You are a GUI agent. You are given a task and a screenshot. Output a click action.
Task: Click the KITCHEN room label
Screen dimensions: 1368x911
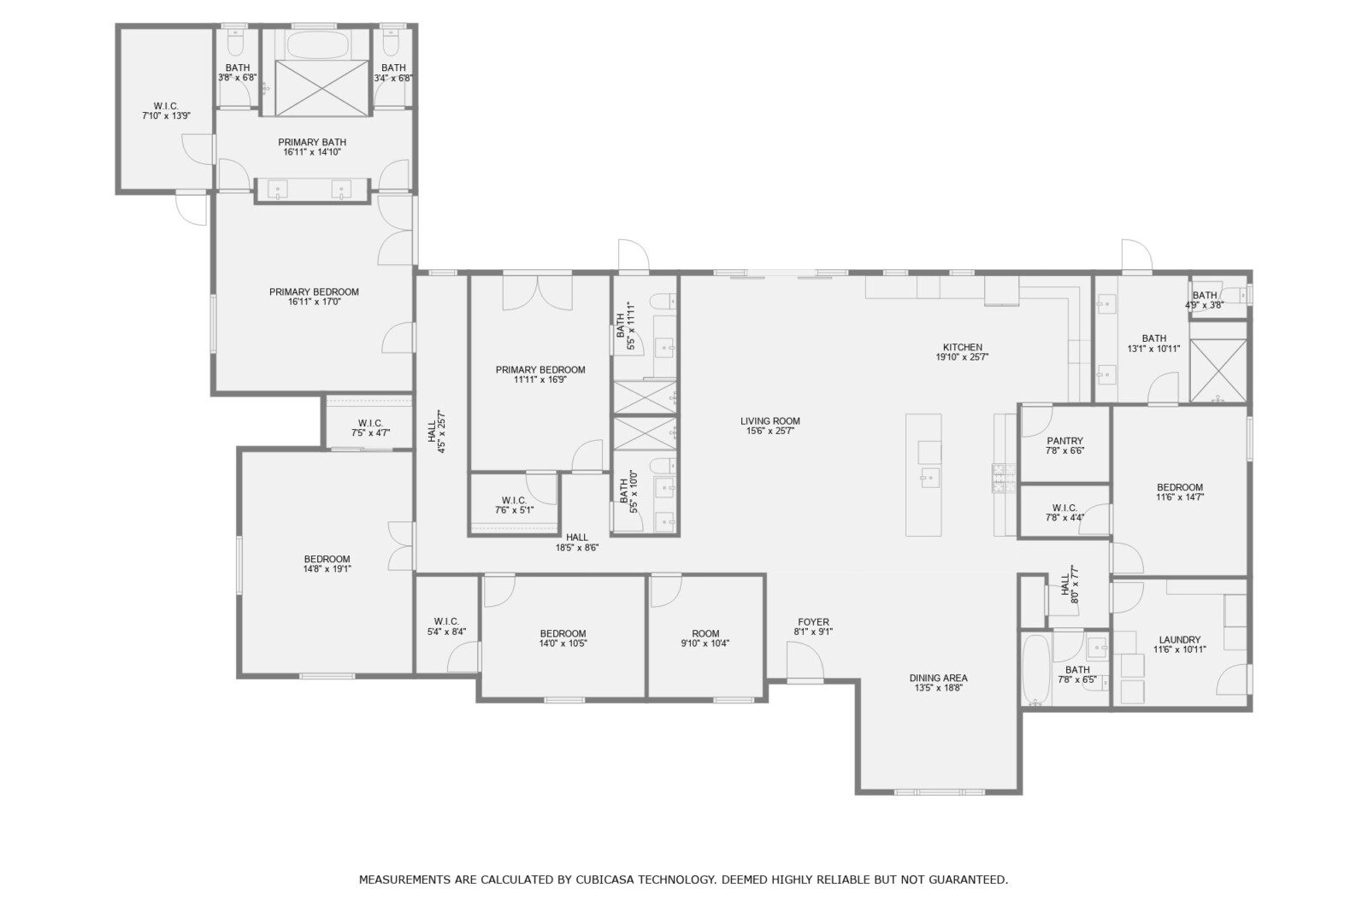pyautogui.click(x=963, y=348)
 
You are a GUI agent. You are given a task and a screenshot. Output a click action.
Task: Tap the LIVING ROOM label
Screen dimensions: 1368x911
pyautogui.click(x=769, y=421)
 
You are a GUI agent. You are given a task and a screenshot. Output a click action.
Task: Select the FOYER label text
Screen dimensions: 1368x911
pyautogui.click(x=813, y=622)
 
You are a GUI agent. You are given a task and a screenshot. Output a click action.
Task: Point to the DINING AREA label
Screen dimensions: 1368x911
pyautogui.click(x=938, y=679)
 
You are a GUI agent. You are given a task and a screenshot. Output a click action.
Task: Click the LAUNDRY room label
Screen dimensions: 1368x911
pyautogui.click(x=1179, y=640)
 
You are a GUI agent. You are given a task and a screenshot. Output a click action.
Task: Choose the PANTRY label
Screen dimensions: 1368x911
pyautogui.click(x=1064, y=441)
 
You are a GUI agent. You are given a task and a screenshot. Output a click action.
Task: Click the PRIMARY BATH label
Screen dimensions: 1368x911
pyautogui.click(x=312, y=142)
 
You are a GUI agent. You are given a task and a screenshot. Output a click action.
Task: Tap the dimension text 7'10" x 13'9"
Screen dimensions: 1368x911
pyautogui.click(x=166, y=116)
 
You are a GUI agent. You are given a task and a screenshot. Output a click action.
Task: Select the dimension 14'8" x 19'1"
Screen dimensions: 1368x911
pyautogui.click(x=327, y=569)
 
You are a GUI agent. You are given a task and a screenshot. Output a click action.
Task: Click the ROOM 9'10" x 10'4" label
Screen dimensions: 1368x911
pyautogui.click(x=705, y=638)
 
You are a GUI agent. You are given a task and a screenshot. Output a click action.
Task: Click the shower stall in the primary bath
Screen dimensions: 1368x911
pyautogui.click(x=321, y=87)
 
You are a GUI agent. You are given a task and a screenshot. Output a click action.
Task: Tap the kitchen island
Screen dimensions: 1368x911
pyautogui.click(x=923, y=475)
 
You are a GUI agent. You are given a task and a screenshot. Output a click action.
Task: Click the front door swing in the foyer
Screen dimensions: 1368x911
pyautogui.click(x=805, y=661)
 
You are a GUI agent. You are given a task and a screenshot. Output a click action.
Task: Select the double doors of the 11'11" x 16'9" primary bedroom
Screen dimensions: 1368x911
pyautogui.click(x=538, y=292)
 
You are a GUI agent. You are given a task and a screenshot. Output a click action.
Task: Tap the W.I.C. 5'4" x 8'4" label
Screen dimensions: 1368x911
pyautogui.click(x=446, y=626)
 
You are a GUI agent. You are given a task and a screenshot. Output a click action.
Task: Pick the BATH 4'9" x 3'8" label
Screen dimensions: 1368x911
pyautogui.click(x=1205, y=301)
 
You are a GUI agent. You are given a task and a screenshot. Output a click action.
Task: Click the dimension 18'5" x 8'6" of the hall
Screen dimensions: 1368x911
pyautogui.click(x=576, y=549)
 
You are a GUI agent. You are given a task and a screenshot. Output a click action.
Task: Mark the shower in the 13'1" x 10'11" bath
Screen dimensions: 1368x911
pyautogui.click(x=1218, y=371)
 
